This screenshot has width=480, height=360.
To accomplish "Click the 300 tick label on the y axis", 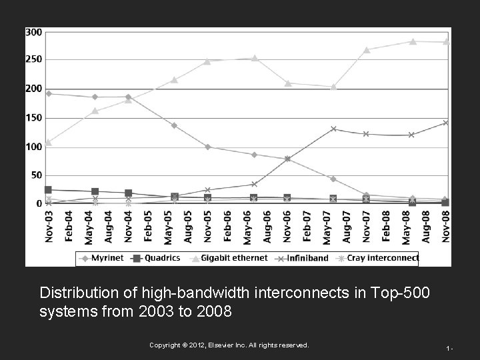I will (34, 32).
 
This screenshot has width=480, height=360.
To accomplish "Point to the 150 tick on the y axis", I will (34, 118).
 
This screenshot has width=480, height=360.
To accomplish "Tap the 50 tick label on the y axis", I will (36, 175).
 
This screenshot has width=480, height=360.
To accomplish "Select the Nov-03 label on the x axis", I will (49, 227).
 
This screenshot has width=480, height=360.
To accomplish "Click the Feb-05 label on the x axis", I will (148, 227).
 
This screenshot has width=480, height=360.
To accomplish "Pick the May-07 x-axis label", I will (327, 227).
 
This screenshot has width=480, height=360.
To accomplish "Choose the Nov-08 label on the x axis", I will (446, 227).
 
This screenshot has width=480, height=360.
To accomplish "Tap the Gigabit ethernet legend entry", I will (233, 257).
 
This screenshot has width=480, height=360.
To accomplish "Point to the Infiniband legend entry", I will (307, 257).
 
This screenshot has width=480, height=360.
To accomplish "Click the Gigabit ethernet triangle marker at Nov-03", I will (48, 142).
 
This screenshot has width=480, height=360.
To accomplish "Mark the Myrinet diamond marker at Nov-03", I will (49, 93).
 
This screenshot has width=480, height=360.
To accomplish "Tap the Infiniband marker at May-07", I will (333, 129).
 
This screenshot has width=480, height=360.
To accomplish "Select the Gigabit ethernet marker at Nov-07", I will (366, 50).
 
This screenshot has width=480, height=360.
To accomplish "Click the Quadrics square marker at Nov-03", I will (48, 190).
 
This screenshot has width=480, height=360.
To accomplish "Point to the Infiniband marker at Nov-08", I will (445, 123).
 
